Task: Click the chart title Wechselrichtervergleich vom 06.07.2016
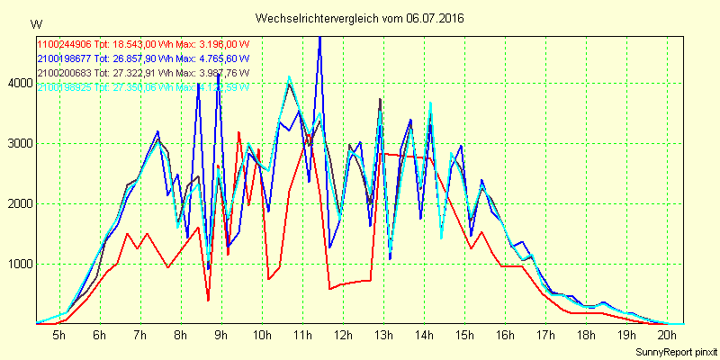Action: point(359,18)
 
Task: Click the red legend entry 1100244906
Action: point(143,43)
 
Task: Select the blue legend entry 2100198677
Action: point(143,58)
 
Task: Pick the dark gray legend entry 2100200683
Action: point(141,72)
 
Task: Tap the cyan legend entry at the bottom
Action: point(141,86)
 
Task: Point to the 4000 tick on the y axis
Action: point(17,84)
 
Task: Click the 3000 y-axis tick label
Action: point(17,144)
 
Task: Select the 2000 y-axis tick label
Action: point(17,204)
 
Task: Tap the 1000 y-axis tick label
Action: point(17,265)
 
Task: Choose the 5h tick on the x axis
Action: point(58,335)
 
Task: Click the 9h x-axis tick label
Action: point(220,335)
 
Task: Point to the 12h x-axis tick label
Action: point(343,335)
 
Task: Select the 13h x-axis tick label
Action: point(383,335)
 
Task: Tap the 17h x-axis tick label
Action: point(545,335)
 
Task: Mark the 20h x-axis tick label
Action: point(667,335)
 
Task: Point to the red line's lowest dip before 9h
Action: point(208,300)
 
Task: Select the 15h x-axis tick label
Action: point(464,335)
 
